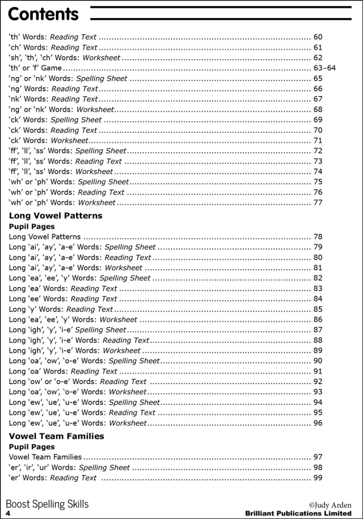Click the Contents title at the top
tap(43, 14)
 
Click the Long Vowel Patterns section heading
tap(55, 216)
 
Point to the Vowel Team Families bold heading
tap(57, 436)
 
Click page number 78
tap(318, 237)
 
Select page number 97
tap(318, 457)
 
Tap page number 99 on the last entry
tap(318, 478)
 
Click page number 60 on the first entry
tap(318, 37)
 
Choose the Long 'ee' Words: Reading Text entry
tap(63, 299)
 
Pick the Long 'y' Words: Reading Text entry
tap(61, 309)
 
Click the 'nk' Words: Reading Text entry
tap(53, 99)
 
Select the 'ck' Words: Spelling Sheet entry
tap(55, 120)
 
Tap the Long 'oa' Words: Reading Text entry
tap(63, 371)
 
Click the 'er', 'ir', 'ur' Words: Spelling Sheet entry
tap(69, 468)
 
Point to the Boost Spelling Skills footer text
tap(47, 504)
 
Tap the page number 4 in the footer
tap(8, 513)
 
